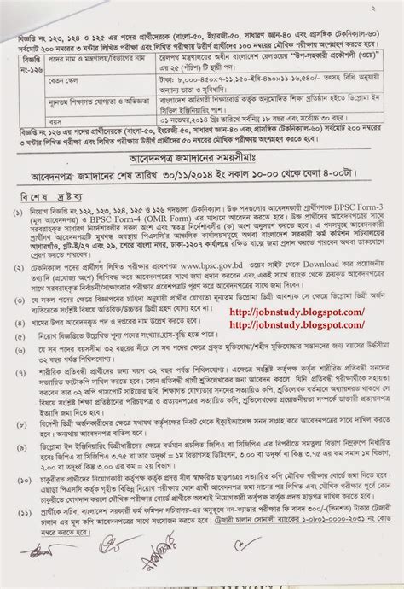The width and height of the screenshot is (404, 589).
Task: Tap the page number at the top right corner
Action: (x=390, y=6)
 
